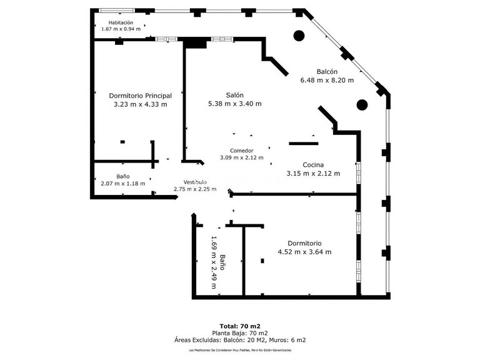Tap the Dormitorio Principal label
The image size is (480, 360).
coord(140,96)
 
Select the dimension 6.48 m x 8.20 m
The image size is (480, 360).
coord(327,80)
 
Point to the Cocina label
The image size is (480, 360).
coord(312,164)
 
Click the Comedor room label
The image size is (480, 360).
coord(241,151)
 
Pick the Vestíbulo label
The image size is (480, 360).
coord(195,181)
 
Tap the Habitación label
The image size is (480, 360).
coord(121,22)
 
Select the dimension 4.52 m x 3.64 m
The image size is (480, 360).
coord(304,252)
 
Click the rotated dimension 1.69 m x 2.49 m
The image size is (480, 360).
coord(214,262)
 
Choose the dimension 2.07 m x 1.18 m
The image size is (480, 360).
coord(122,184)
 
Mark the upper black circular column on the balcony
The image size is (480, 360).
coord(299,36)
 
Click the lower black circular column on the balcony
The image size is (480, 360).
coord(362,104)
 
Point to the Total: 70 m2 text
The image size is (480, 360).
coord(240,326)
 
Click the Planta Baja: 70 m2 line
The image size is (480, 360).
coord(240,333)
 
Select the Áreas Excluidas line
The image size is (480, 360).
coord(240,341)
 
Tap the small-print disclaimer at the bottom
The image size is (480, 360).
coord(240,351)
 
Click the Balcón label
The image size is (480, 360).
coord(327,71)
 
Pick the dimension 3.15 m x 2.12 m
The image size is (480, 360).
coord(312,173)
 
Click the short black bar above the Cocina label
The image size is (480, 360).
coord(304,144)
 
